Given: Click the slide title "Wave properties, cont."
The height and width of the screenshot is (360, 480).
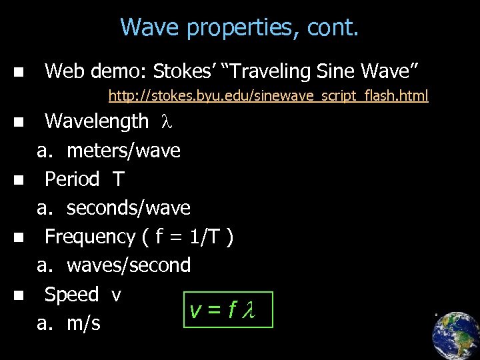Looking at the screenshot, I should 239,27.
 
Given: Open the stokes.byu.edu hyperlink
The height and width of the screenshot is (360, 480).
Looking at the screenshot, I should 268,96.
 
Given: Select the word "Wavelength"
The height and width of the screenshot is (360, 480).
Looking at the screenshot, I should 97,121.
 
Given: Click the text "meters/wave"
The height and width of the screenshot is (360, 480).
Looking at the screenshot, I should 123,151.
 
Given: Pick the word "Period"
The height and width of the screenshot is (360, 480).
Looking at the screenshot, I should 72,179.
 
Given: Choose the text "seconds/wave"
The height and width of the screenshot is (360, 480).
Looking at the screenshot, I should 129,208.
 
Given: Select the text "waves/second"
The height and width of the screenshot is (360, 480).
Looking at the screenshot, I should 129,265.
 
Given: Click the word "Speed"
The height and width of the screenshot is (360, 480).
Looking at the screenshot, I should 71,295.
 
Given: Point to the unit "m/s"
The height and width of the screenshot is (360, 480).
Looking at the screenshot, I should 83,323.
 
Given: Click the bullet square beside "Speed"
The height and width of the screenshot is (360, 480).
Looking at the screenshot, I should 18,295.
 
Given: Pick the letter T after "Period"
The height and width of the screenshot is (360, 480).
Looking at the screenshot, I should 118,179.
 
